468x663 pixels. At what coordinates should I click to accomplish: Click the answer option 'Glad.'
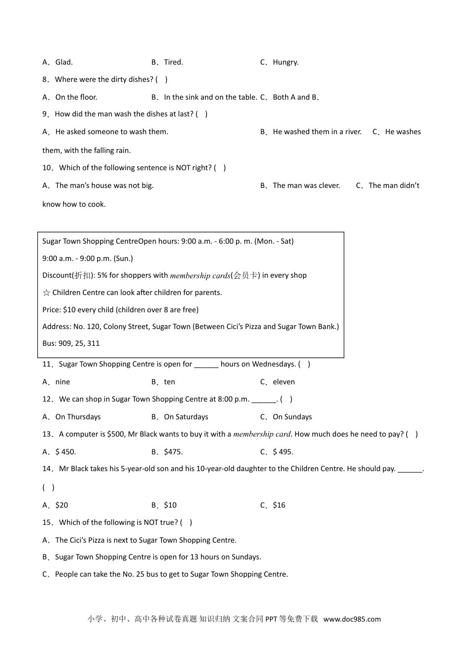coord(64,62)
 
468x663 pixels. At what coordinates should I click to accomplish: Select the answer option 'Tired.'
coord(173,62)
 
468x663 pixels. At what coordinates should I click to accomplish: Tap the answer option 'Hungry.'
coord(285,62)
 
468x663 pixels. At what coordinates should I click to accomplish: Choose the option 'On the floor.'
coord(76,97)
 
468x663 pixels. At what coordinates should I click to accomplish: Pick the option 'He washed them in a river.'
coord(317,132)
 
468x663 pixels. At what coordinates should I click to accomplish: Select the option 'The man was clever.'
coord(306,185)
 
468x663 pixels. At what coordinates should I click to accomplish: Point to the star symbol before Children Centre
coord(46,293)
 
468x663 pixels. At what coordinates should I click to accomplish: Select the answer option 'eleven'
coord(284,382)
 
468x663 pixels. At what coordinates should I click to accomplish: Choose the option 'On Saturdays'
coord(186,417)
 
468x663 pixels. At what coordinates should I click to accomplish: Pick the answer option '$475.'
coord(173,452)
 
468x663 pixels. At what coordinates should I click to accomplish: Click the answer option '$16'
coord(279,505)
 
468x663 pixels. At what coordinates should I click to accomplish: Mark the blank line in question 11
coord(206,365)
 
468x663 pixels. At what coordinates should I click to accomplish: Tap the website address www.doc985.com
coord(352,619)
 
